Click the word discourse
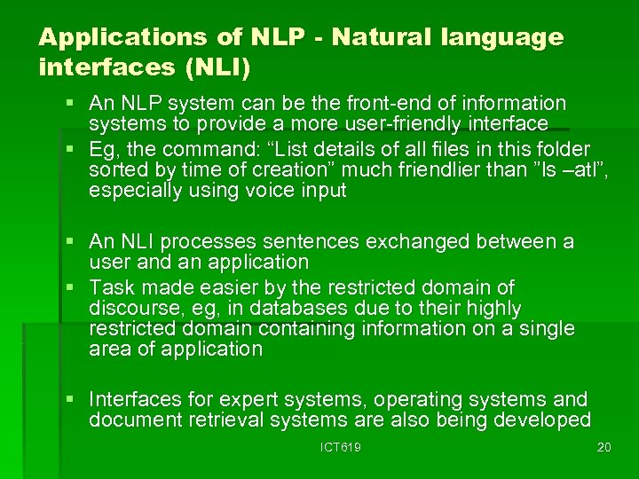[x=130, y=308]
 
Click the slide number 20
[x=604, y=447]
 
